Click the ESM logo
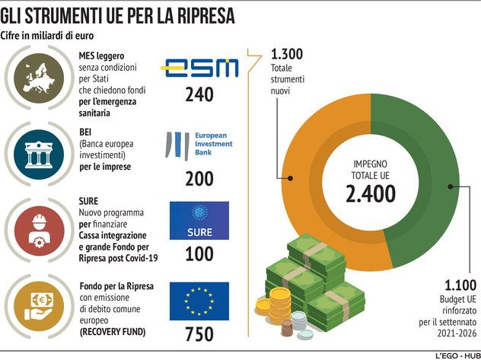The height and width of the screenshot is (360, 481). coord(199,67)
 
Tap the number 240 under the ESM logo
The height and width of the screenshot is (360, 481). coord(199,95)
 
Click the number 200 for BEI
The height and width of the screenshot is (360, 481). coord(199,178)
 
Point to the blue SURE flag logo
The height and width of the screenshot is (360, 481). coord(199,220)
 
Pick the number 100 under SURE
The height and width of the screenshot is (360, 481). coord(199,253)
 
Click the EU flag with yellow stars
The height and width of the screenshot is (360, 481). coord(199,301)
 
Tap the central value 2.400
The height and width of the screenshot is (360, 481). coord(371,194)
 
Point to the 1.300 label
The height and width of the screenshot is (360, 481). coord(286,55)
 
